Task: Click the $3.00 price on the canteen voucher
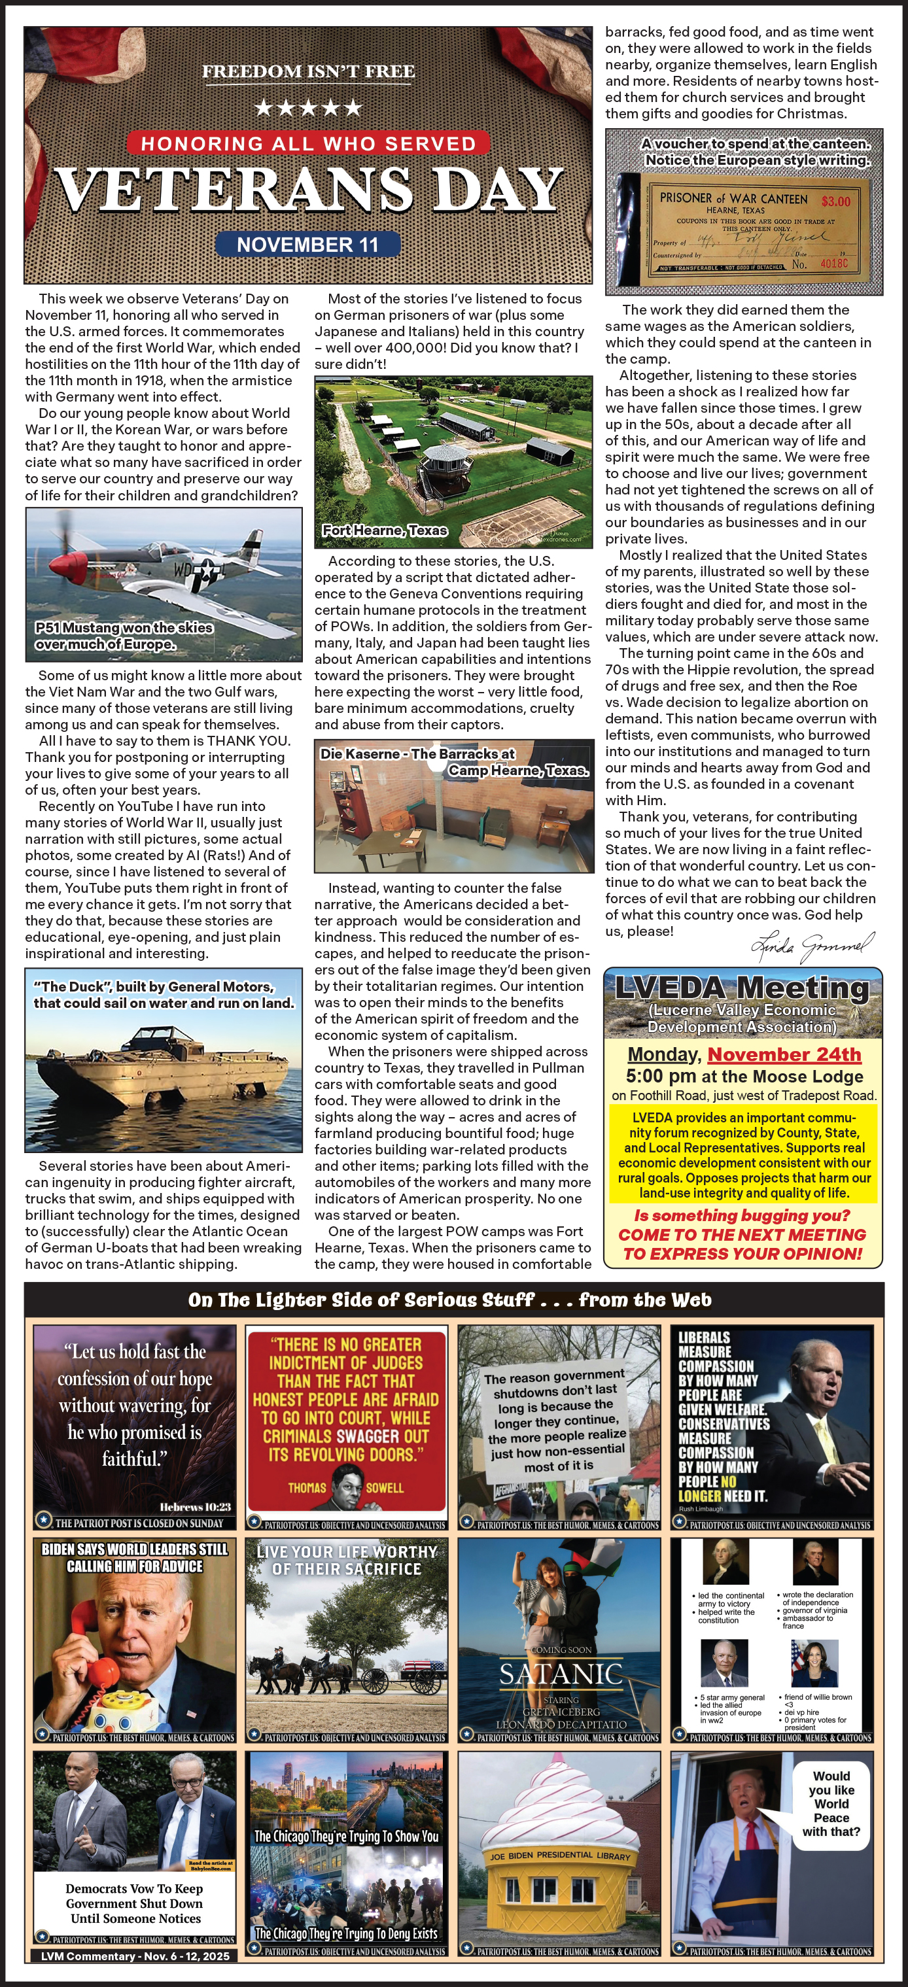tap(835, 201)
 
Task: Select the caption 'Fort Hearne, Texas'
tap(384, 530)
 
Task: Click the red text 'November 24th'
tap(784, 1054)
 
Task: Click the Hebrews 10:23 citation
tap(195, 1506)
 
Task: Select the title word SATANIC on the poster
tap(560, 1673)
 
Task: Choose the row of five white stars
tap(308, 107)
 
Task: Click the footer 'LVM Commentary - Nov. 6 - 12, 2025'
tap(135, 1956)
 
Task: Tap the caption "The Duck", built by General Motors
tap(164, 994)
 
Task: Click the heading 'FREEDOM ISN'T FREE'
tap(308, 72)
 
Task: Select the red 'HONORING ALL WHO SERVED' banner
tap(308, 143)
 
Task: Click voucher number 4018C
tap(833, 263)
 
